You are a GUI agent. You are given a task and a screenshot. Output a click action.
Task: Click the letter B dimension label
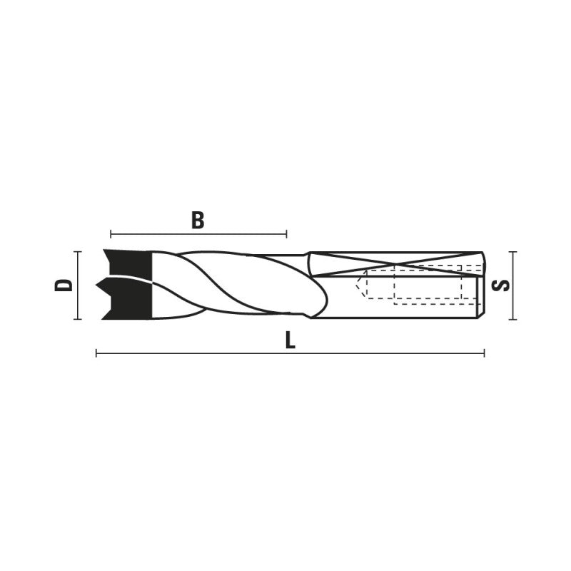coord(198,221)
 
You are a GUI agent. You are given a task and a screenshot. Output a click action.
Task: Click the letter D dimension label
coord(64,285)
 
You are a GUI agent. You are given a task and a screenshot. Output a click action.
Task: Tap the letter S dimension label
coord(500,285)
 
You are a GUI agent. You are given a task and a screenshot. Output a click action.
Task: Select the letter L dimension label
coord(290,341)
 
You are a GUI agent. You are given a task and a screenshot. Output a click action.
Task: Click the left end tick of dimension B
coord(111,234)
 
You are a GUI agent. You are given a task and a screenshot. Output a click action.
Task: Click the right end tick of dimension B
coord(287,234)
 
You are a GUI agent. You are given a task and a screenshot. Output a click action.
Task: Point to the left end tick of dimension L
coord(96,353)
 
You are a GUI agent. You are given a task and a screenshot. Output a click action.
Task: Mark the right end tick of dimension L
coord(484,353)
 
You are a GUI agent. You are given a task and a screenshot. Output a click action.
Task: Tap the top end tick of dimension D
coord(78,252)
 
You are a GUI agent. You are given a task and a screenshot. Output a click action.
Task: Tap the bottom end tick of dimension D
coord(78,319)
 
